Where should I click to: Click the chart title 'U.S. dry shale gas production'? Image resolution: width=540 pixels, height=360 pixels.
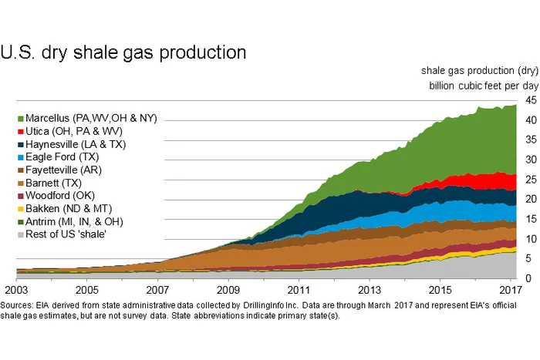[x=123, y=53]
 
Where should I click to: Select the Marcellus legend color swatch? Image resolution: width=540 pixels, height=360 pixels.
[x=19, y=118]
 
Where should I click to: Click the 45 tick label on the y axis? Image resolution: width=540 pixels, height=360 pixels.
[x=532, y=100]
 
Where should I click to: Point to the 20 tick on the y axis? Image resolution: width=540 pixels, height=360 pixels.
[x=532, y=199]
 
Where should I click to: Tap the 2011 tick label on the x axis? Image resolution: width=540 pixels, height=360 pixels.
[x=298, y=291]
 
